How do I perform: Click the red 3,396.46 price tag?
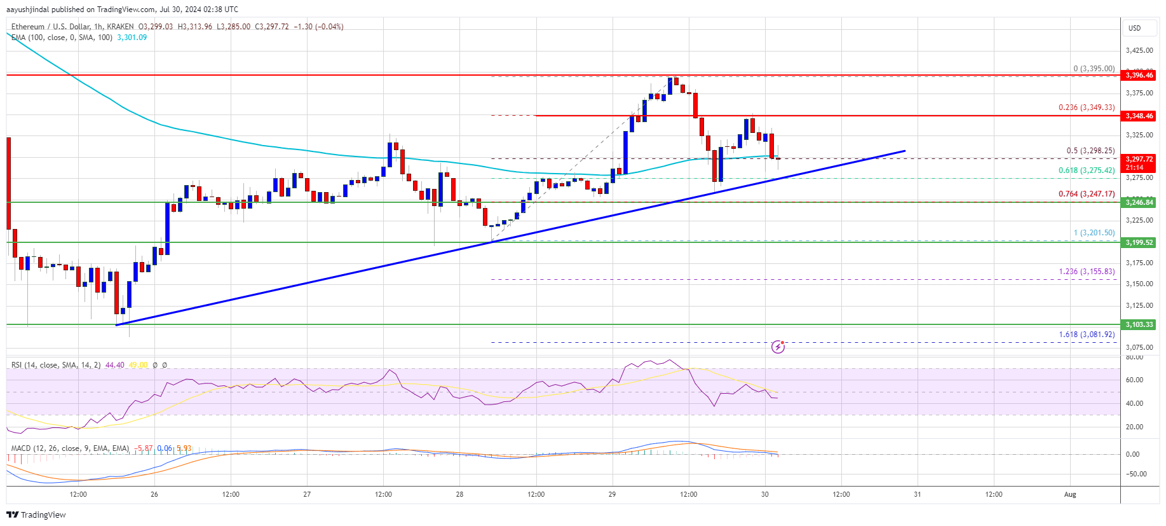click(1139, 75)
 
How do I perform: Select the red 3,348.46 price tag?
click(1139, 116)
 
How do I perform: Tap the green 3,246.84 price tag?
click(1139, 202)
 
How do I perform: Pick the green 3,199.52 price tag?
click(1139, 242)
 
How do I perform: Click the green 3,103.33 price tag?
click(1139, 324)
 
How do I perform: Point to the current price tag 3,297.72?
click(1139, 160)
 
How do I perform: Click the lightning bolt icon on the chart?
click(778, 347)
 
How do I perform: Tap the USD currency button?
click(1134, 28)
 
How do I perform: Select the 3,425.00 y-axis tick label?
click(1139, 50)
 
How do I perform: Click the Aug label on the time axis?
click(1070, 494)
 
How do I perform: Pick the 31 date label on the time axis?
click(917, 494)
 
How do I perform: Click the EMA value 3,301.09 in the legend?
click(132, 38)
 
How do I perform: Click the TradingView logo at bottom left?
click(37, 515)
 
